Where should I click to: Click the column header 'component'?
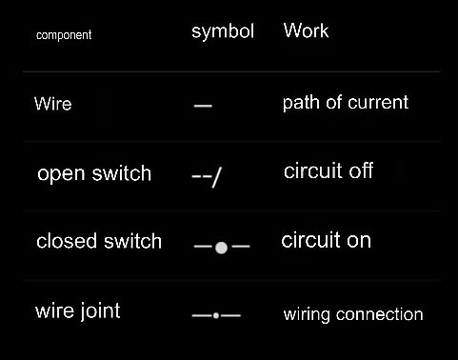[x=64, y=35]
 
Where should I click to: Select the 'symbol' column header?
[x=223, y=31]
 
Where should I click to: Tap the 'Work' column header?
[x=306, y=30]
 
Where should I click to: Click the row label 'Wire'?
[x=53, y=104]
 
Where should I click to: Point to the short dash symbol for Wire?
[x=203, y=106]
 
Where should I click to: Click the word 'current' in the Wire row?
[x=378, y=103]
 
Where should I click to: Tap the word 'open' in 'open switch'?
[x=61, y=174]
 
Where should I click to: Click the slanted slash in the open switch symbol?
[x=216, y=177]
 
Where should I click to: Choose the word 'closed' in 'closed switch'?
[x=67, y=241]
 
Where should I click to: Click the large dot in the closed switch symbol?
[x=221, y=248]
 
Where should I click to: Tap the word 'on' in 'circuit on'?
[x=359, y=241]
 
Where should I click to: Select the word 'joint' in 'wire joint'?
[x=100, y=310]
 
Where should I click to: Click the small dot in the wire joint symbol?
[x=216, y=315]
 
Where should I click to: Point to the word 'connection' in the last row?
[x=380, y=314]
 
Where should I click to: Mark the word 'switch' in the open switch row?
[x=122, y=173]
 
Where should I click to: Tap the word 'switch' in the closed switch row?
[x=132, y=241]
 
